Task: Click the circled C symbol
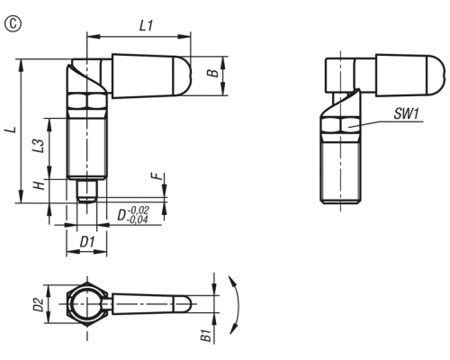[13, 24]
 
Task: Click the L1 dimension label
[146, 26]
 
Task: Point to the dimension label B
[213, 73]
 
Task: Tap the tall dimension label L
[11, 130]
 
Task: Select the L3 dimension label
[39, 146]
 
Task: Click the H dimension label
[39, 185]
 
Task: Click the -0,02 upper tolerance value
[139, 210]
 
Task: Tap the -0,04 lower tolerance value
[138, 220]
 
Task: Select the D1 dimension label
[87, 242]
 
